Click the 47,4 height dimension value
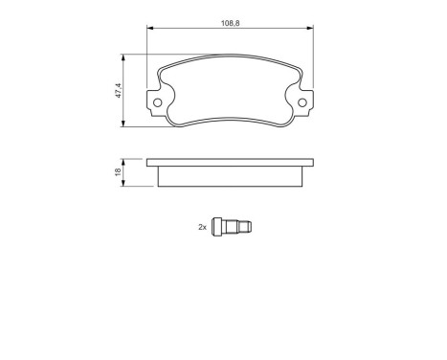click(118, 91)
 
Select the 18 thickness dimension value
click(118, 171)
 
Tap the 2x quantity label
click(202, 227)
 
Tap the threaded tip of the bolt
click(248, 228)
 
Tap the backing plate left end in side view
click(149, 164)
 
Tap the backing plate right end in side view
click(307, 164)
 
